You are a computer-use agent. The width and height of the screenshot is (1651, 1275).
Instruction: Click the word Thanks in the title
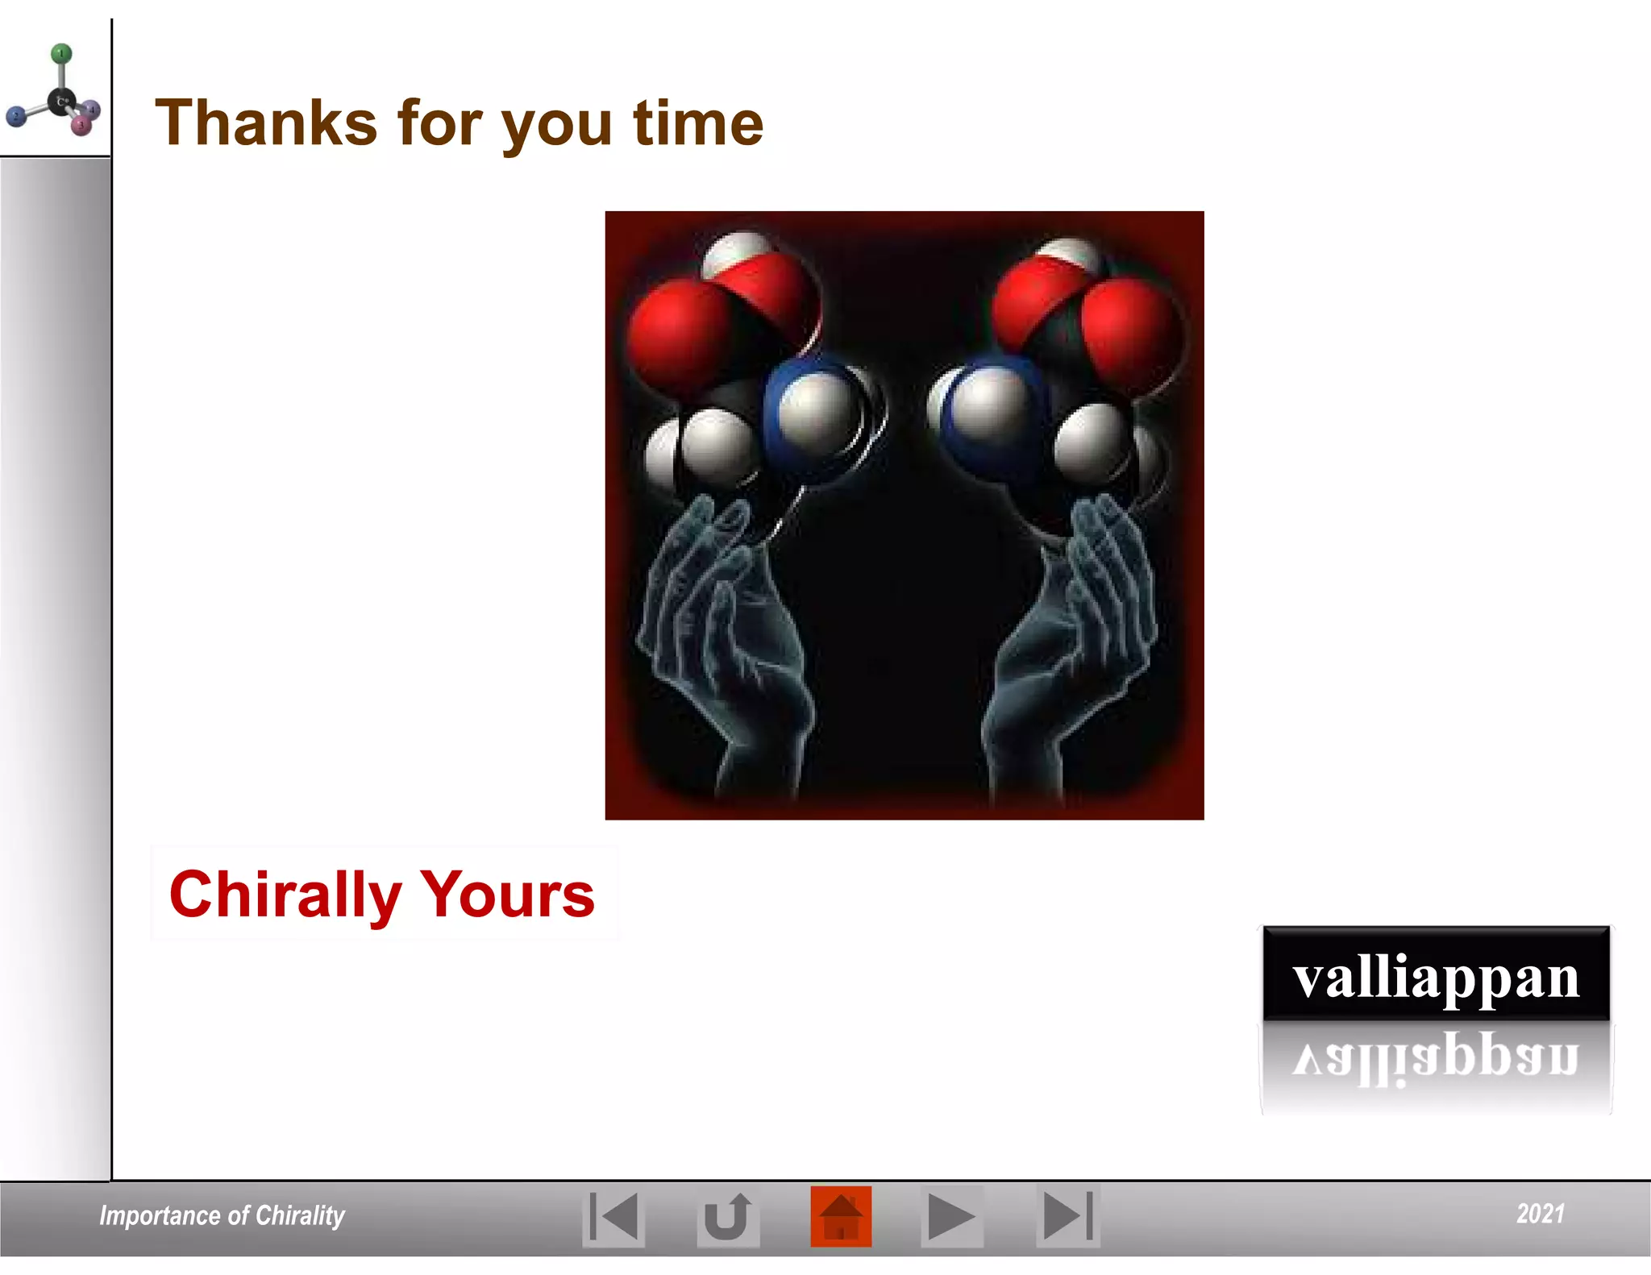(266, 123)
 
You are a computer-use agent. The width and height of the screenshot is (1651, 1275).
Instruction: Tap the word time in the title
(698, 123)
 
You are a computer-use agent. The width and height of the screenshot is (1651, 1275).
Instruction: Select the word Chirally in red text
(285, 895)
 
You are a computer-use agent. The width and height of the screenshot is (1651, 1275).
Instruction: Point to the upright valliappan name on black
(1436, 976)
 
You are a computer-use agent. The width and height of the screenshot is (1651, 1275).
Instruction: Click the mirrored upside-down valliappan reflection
(1436, 1058)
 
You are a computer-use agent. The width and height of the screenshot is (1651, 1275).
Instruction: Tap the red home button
(841, 1216)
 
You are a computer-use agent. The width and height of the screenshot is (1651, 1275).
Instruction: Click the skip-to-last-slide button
(1067, 1216)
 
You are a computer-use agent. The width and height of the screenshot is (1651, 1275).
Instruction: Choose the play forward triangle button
(951, 1216)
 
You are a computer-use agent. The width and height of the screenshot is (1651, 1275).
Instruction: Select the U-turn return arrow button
(727, 1216)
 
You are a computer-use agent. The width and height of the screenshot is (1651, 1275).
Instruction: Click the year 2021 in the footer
(1540, 1214)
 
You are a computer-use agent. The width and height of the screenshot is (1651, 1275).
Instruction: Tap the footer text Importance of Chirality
(222, 1215)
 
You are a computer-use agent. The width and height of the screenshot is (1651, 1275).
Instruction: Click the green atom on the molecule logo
(61, 54)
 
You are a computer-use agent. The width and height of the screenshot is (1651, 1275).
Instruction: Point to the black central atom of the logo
(61, 102)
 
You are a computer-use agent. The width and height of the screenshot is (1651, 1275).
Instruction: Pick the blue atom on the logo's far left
(15, 118)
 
